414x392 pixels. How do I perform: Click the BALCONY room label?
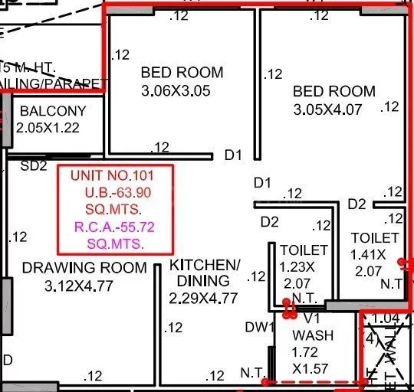[53, 111]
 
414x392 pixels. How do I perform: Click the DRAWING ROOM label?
[84, 268]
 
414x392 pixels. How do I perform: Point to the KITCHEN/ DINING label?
[205, 273]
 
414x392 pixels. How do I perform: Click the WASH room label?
[313, 335]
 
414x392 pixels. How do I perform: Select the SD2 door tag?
[34, 165]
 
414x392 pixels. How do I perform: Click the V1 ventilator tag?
[311, 318]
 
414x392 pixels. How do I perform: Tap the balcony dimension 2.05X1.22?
[48, 128]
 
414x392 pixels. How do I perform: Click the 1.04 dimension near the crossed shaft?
[386, 318]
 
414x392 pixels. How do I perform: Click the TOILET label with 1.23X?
[304, 250]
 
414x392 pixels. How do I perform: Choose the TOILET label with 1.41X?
[375, 238]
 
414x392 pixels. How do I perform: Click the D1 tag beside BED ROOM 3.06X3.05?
[233, 155]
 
